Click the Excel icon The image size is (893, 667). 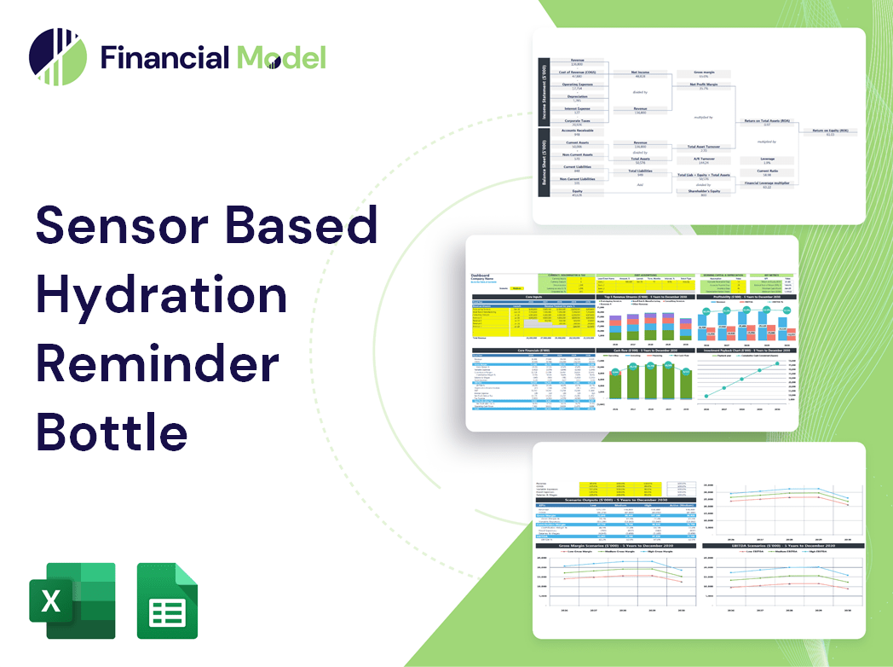[x=72, y=600]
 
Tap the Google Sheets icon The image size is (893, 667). [x=167, y=600]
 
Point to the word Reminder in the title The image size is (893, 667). [x=157, y=363]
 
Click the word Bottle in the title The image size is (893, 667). [x=112, y=431]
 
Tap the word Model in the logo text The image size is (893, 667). [x=281, y=57]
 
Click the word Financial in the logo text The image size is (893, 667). [x=164, y=57]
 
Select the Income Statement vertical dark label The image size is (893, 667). [x=543, y=89]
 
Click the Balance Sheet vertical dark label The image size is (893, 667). [x=543, y=165]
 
